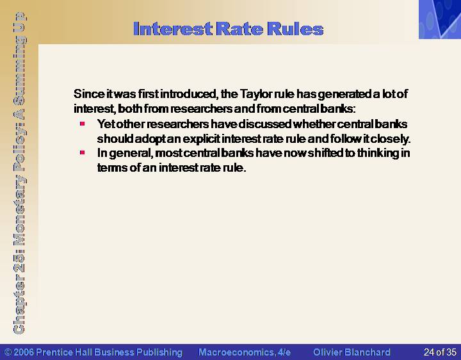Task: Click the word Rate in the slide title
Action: pyautogui.click(x=239, y=29)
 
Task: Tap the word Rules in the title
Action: pyautogui.click(x=295, y=29)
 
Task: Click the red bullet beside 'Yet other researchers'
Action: pyautogui.click(x=83, y=124)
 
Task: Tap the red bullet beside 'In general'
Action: pyautogui.click(x=83, y=152)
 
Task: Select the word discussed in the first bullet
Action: pyautogui.click(x=264, y=124)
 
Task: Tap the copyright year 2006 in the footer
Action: pyautogui.click(x=24, y=352)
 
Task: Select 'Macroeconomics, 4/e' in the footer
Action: pyautogui.click(x=245, y=352)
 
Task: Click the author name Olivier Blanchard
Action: pyautogui.click(x=352, y=352)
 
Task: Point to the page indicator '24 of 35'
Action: pyautogui.click(x=440, y=352)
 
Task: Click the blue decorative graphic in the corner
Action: pyautogui.click(x=440, y=19)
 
